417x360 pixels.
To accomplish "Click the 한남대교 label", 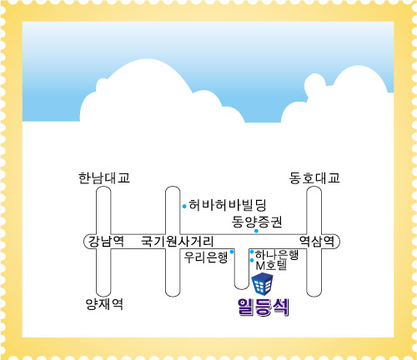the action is (104, 178).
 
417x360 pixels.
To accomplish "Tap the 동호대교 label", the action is (314, 177).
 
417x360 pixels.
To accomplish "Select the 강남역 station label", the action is (106, 241).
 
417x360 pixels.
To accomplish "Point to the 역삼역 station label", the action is (317, 241).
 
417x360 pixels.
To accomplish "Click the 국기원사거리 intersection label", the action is (178, 241).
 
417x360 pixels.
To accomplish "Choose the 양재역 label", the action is (104, 304).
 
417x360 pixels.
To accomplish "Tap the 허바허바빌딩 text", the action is (228, 205).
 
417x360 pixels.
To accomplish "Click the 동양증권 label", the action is (257, 222).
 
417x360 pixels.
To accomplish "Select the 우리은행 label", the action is (206, 257).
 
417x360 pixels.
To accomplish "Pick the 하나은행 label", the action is (276, 254).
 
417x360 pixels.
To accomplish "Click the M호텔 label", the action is (271, 266).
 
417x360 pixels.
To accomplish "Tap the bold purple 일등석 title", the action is (264, 307).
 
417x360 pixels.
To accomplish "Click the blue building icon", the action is (262, 283).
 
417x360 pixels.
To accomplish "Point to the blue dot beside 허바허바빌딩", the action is (184, 207).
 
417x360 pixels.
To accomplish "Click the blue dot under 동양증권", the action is (256, 231).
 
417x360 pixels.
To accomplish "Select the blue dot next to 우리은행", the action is (232, 252).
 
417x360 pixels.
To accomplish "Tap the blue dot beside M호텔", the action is (252, 260).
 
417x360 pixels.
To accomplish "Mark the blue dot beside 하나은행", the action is (252, 252).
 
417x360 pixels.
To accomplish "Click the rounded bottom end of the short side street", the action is (241, 289).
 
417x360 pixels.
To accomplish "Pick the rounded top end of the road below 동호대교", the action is (314, 187).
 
